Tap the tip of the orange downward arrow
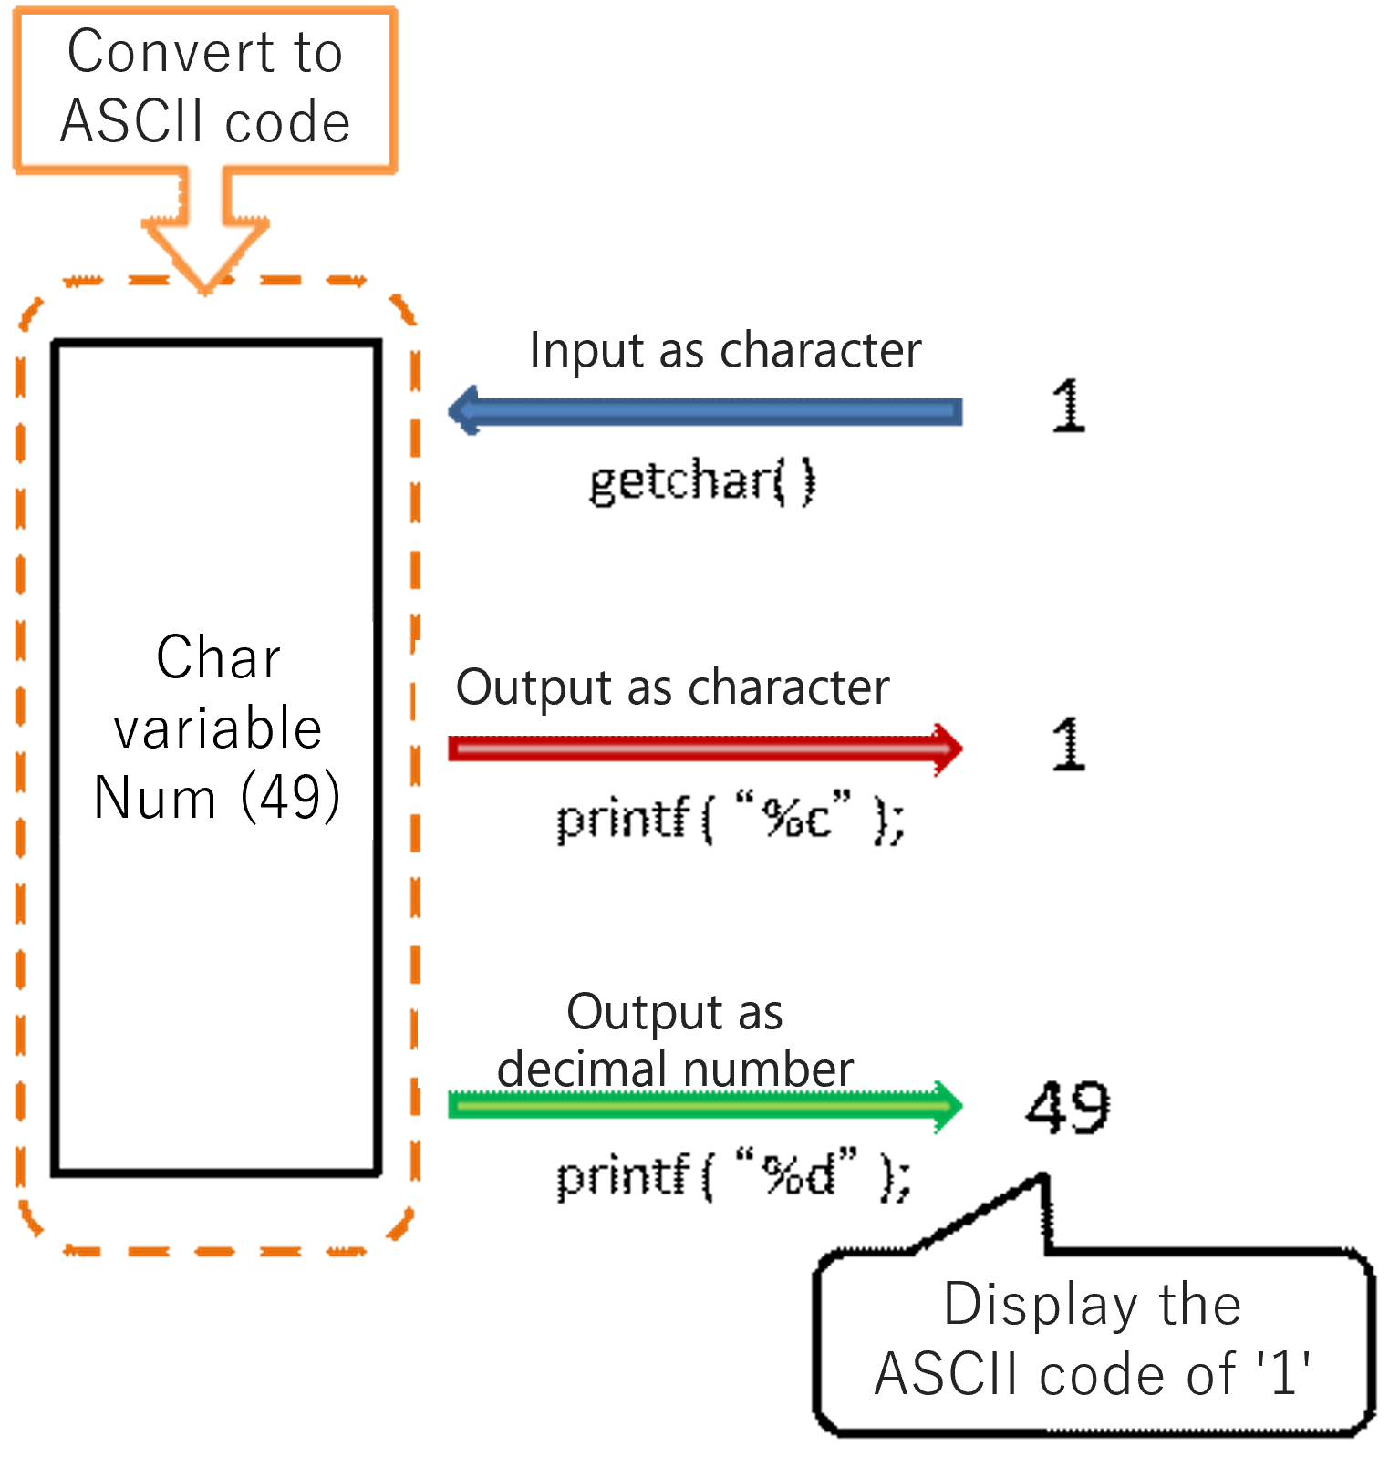click(206, 290)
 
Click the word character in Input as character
click(820, 351)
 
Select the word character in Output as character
click(789, 688)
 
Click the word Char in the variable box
click(218, 657)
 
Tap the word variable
click(218, 728)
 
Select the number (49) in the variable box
click(290, 798)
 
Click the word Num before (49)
click(155, 798)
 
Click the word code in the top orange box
click(287, 122)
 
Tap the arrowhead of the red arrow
click(948, 749)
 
